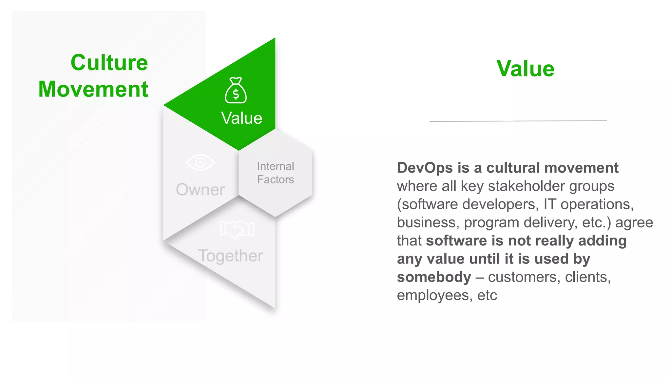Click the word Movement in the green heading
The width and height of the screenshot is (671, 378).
click(x=93, y=89)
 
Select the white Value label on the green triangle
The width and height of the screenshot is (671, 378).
click(x=241, y=118)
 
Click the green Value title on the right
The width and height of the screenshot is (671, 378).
click(x=525, y=69)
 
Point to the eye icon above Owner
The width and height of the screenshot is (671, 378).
click(x=200, y=162)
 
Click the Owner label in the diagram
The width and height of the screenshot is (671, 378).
click(x=200, y=190)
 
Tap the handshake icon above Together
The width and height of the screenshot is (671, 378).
click(x=237, y=229)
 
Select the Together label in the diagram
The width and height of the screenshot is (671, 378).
click(x=230, y=256)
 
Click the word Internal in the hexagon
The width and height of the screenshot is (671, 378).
click(x=276, y=166)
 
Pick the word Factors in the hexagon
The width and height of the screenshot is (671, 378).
click(x=276, y=179)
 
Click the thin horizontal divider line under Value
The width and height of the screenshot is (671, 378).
click(x=518, y=121)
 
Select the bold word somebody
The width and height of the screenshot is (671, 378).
click(x=434, y=277)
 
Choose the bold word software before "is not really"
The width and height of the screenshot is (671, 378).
click(x=456, y=241)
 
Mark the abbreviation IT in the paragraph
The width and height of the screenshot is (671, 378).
click(x=550, y=204)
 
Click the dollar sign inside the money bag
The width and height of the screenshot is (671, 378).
click(x=236, y=95)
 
